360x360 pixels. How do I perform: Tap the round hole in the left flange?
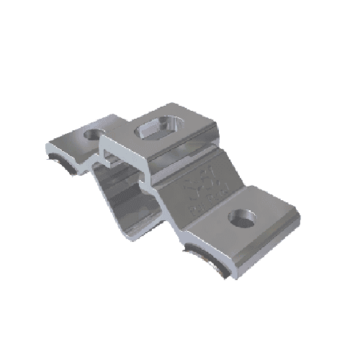[93, 134]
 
